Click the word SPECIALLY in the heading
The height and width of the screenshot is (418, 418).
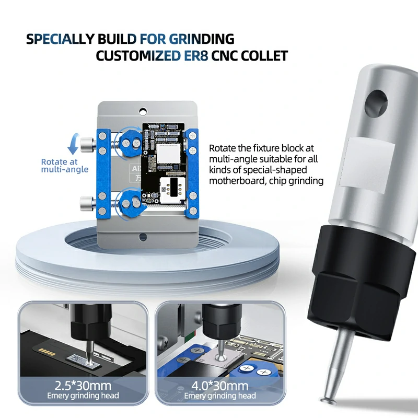pos(59,39)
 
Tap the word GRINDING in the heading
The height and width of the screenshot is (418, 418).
pos(201,39)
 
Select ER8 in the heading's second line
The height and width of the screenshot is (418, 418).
pos(195,56)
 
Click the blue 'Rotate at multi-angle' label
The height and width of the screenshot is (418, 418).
pos(65,166)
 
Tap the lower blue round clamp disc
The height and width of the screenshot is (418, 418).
pos(129,201)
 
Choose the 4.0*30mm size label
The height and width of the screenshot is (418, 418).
pos(220,386)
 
